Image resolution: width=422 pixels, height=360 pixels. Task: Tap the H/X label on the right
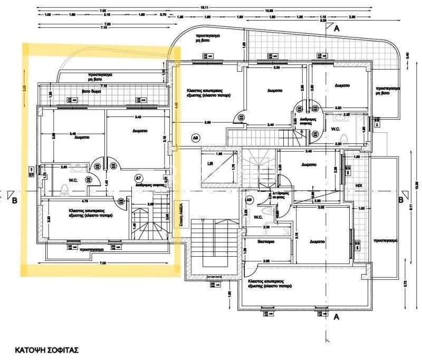[359, 186]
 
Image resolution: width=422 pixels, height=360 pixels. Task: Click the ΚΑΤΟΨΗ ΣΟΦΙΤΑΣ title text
[46, 349]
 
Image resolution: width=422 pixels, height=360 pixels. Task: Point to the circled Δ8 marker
[195, 138]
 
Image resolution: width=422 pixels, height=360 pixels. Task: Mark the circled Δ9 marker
[249, 199]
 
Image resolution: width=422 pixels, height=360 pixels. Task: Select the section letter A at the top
[337, 30]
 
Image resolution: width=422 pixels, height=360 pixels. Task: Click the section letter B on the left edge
[15, 200]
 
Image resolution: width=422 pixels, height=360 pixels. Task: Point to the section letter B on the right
[401, 200]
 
